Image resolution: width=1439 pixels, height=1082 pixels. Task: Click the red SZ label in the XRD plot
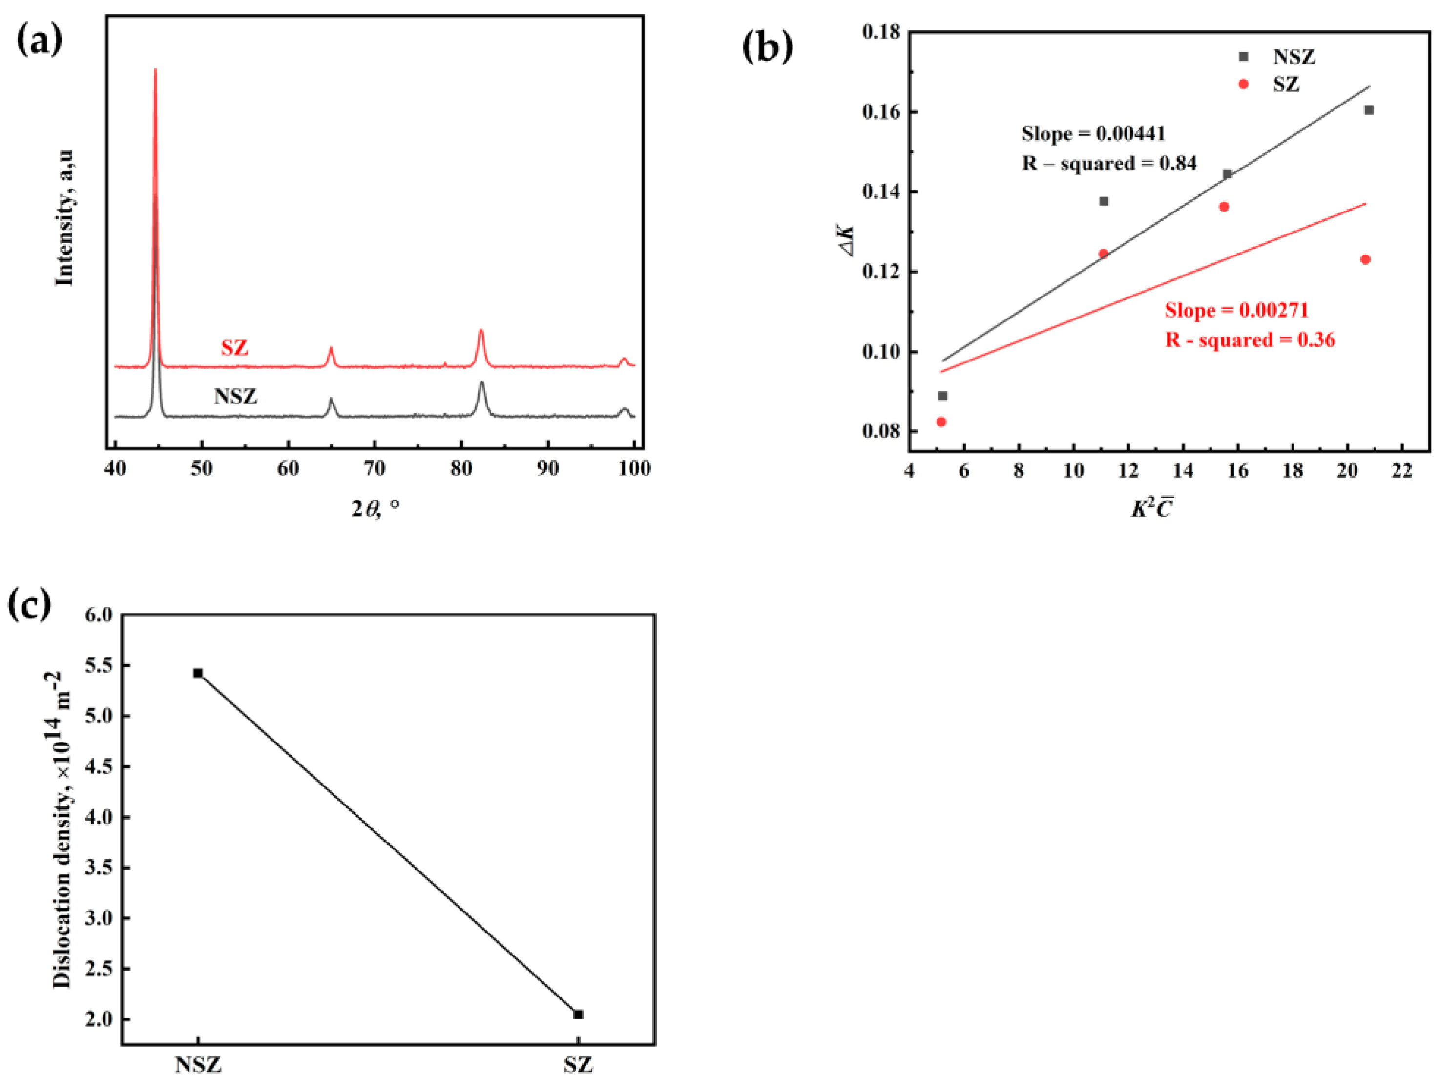click(x=234, y=348)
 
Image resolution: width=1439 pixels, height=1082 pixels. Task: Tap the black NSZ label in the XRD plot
click(x=235, y=396)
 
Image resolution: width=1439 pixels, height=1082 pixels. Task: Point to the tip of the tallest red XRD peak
click(x=155, y=70)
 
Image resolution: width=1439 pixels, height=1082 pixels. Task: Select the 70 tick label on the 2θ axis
click(x=375, y=468)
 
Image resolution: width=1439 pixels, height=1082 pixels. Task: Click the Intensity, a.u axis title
click(x=64, y=218)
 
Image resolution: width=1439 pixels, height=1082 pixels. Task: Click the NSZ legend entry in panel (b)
click(x=1293, y=57)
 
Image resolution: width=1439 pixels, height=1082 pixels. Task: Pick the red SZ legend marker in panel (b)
click(x=1243, y=84)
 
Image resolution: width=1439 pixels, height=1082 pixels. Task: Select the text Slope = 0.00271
click(x=1236, y=310)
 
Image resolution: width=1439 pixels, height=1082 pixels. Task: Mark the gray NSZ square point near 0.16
click(x=1369, y=110)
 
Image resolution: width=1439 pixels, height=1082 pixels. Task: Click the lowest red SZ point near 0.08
click(x=940, y=422)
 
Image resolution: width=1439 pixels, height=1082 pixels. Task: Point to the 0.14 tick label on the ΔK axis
click(x=881, y=192)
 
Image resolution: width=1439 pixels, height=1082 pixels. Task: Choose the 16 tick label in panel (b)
click(x=1237, y=470)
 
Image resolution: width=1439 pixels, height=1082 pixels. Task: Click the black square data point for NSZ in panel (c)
click(x=198, y=673)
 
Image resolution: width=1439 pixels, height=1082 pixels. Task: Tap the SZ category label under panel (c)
click(x=578, y=1065)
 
